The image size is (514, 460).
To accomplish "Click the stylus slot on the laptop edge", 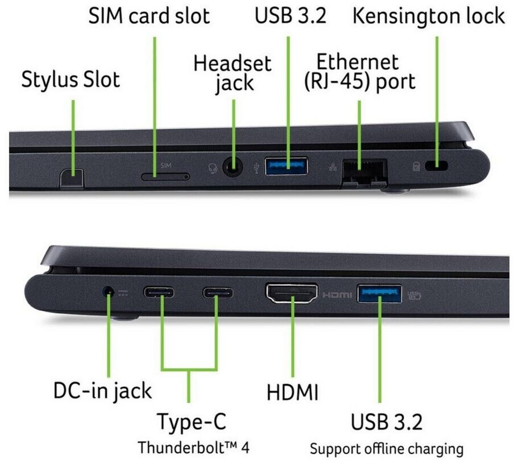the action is [72, 179].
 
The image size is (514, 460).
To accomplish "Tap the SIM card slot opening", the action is [165, 176].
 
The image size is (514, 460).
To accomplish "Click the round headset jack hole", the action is [233, 167].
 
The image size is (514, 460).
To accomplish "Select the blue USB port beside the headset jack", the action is [287, 166].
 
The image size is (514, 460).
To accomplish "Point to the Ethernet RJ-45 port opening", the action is [364, 171].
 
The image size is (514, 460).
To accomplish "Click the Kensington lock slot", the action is [436, 166].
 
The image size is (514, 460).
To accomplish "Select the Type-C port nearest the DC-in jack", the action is [159, 292].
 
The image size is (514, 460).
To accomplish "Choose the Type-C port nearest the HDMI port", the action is [218, 293].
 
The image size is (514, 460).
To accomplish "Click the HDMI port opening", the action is [292, 293].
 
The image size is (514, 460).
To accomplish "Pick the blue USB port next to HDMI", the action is [380, 294].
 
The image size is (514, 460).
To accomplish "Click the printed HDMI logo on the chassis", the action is [337, 295].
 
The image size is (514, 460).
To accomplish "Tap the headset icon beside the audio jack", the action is [213, 169].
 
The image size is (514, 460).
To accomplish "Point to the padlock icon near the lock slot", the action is [416, 166].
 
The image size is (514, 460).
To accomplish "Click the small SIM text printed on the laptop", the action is [166, 166].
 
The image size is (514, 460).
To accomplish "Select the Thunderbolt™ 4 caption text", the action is [194, 447].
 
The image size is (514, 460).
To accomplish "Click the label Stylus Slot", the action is [71, 80].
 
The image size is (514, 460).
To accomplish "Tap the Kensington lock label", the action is [429, 16].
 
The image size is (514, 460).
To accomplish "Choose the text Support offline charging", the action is [387, 449].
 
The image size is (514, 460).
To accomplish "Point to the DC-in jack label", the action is [102, 391].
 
